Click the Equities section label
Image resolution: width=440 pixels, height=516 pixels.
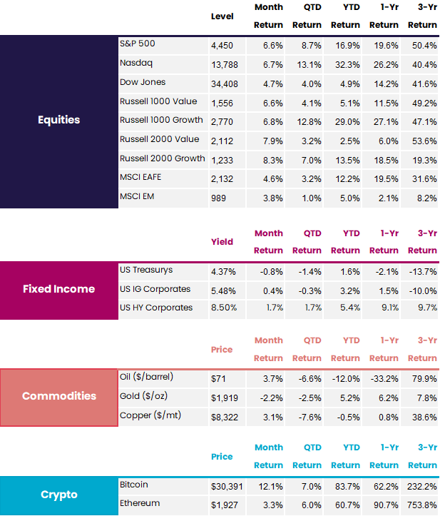(x=59, y=120)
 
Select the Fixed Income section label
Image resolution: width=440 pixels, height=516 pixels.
(x=59, y=289)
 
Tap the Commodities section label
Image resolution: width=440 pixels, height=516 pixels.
(x=59, y=396)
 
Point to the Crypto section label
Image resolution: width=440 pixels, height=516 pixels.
(x=59, y=495)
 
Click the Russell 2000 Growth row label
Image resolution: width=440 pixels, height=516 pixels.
(x=162, y=158)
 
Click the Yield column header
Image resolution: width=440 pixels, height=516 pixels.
(x=222, y=242)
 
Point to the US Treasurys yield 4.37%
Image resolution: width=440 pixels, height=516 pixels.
(x=224, y=272)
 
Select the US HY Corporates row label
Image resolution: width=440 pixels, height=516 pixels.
(x=155, y=308)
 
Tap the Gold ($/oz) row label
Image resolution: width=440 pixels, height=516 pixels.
(x=145, y=395)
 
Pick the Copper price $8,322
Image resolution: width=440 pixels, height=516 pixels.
(x=225, y=416)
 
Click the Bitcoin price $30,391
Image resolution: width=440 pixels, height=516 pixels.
(x=227, y=486)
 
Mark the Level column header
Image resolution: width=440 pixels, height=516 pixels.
(x=222, y=16)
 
